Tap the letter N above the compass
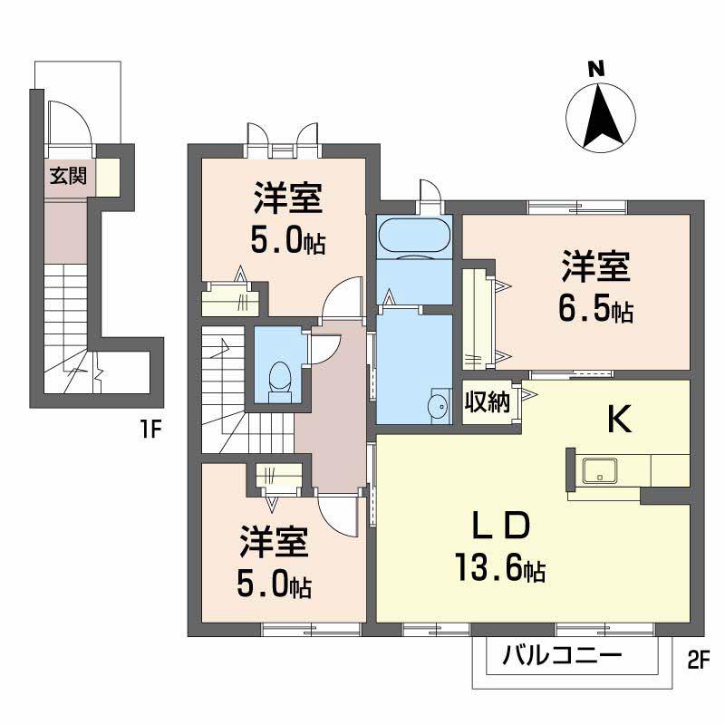[596, 70]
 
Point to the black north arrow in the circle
[601, 117]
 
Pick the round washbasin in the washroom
[439, 407]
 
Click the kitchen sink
[600, 470]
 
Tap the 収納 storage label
[487, 401]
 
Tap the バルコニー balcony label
[562, 655]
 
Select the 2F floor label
[698, 662]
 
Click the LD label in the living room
[499, 527]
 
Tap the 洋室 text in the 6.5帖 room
[596, 266]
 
